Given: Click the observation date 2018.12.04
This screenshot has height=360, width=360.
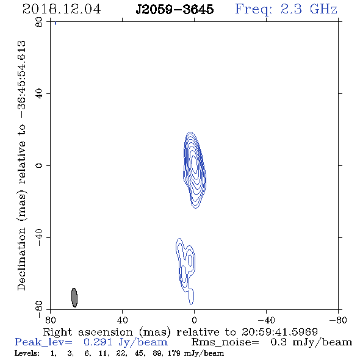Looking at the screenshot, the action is [x=62, y=9].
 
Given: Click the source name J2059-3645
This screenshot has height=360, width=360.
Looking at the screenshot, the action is [x=175, y=10].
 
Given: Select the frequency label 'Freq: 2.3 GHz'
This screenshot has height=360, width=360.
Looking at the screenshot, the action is [x=286, y=9].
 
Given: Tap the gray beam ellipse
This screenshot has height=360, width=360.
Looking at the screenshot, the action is [x=74, y=298].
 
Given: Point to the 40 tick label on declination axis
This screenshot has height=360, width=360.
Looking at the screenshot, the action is [x=39, y=94].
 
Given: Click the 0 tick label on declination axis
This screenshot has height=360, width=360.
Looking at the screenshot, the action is [x=39, y=165].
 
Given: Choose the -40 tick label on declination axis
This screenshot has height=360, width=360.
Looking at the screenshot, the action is [x=39, y=237].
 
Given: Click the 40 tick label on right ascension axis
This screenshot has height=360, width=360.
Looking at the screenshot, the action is [x=122, y=320].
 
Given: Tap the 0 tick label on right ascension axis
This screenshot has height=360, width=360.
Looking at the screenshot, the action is [x=194, y=320].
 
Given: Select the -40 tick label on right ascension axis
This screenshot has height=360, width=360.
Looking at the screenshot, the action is [x=266, y=320].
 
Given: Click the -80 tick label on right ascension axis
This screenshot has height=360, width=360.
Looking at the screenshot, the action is [x=338, y=320].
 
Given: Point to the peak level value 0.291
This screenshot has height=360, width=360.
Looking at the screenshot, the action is [x=98, y=342].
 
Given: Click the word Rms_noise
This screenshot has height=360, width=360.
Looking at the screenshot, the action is [x=225, y=342].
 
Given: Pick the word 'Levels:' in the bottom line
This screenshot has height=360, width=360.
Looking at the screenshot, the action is [x=27, y=353].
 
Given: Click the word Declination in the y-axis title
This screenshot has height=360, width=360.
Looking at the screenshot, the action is [x=21, y=259].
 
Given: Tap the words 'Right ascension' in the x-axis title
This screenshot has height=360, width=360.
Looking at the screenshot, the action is [x=88, y=332].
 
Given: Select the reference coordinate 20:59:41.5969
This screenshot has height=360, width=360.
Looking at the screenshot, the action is [x=279, y=332].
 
